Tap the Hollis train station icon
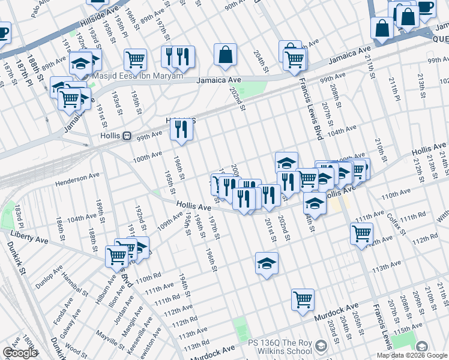tap(127, 136)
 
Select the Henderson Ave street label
tap(76, 181)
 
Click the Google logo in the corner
tap(20, 353)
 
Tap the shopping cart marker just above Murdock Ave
tap(303, 299)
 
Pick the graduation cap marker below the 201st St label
tap(267, 263)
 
